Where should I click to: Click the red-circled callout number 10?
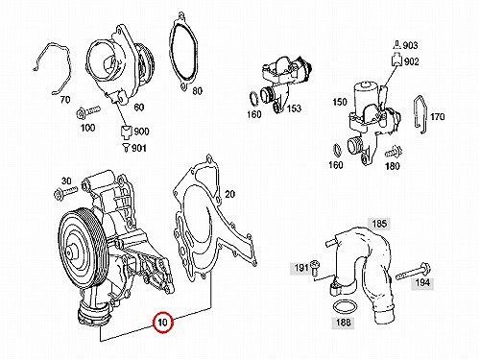[x=163, y=322]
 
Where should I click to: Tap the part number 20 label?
[x=229, y=194]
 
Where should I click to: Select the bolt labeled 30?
[x=65, y=192]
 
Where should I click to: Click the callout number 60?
[x=138, y=108]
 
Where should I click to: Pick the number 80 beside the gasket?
[x=197, y=91]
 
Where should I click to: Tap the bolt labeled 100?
[x=87, y=111]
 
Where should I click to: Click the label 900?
[x=141, y=132]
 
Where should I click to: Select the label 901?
[x=139, y=148]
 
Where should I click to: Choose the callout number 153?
[x=294, y=108]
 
